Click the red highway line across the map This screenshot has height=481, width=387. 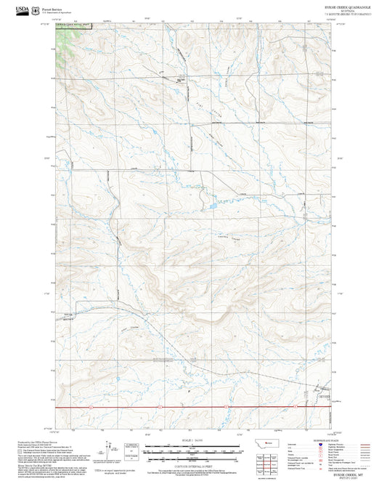[196, 408]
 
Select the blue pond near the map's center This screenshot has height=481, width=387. [211, 209]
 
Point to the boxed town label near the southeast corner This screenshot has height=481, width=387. [322, 397]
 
